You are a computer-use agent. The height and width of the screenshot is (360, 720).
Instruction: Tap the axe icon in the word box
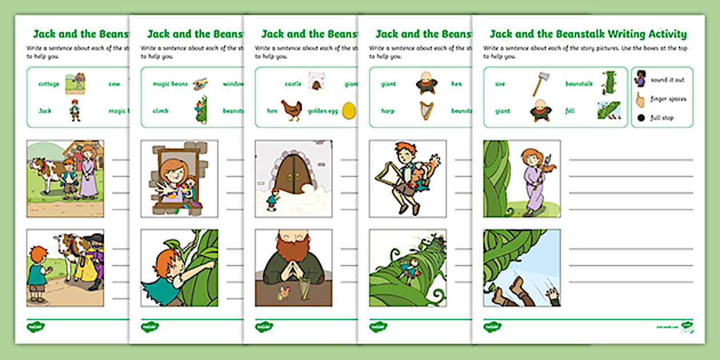(539, 84)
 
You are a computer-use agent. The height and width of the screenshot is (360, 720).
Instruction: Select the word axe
(499, 84)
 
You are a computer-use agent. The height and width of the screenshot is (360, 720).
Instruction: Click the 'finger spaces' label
(669, 99)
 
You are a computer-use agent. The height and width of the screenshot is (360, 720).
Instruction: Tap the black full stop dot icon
(639, 118)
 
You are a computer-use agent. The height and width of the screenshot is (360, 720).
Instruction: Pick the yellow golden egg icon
(347, 111)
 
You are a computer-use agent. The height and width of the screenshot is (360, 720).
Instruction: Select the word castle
(293, 84)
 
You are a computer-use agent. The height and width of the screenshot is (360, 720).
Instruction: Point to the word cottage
(49, 84)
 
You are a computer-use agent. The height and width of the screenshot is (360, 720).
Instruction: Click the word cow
(114, 84)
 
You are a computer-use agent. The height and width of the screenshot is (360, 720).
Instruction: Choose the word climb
(161, 111)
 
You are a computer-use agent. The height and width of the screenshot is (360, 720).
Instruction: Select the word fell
(570, 111)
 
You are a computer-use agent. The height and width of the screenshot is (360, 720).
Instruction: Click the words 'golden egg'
(323, 111)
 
